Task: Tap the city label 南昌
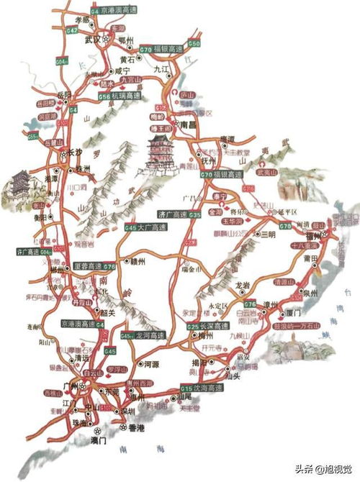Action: click(x=188, y=124)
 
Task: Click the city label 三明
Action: click(x=268, y=235)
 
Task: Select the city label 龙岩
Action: click(x=242, y=286)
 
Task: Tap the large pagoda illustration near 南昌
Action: click(x=156, y=153)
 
